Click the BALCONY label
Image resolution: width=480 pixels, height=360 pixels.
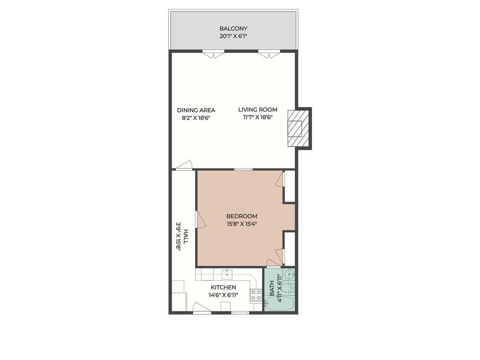click(x=233, y=29)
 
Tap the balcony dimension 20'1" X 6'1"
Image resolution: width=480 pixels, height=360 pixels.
click(x=233, y=36)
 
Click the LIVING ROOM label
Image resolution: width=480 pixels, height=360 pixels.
click(x=257, y=110)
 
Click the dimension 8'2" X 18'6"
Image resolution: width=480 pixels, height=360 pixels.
click(x=196, y=118)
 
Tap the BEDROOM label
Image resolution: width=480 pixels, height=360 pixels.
click(x=241, y=216)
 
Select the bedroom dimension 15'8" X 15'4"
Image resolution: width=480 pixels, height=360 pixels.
click(x=241, y=224)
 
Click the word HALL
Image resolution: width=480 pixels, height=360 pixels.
click(x=186, y=237)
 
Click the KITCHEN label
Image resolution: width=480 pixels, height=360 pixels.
click(x=223, y=287)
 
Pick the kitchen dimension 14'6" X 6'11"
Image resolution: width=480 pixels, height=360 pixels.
click(x=223, y=295)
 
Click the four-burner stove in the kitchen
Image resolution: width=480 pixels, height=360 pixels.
click(x=256, y=295)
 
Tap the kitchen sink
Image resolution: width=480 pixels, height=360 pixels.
click(x=227, y=273)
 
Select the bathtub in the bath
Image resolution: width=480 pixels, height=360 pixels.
click(x=279, y=303)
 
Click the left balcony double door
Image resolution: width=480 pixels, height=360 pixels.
click(x=213, y=54)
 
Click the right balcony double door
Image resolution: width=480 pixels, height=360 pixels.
click(x=269, y=54)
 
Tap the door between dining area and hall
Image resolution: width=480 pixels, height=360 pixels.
click(x=184, y=165)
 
